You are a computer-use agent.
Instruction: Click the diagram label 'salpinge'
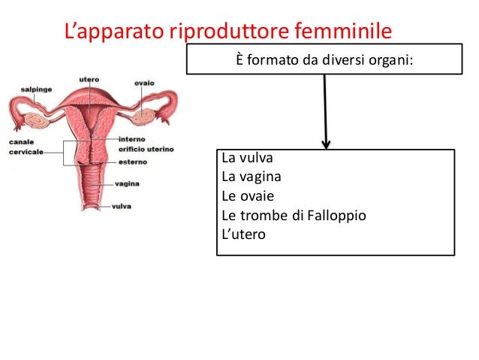pos(35,89)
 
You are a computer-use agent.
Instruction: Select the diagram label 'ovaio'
pos(145,83)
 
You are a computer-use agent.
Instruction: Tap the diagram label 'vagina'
pos(127,183)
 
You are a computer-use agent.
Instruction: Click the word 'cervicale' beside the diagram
pos(25,151)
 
